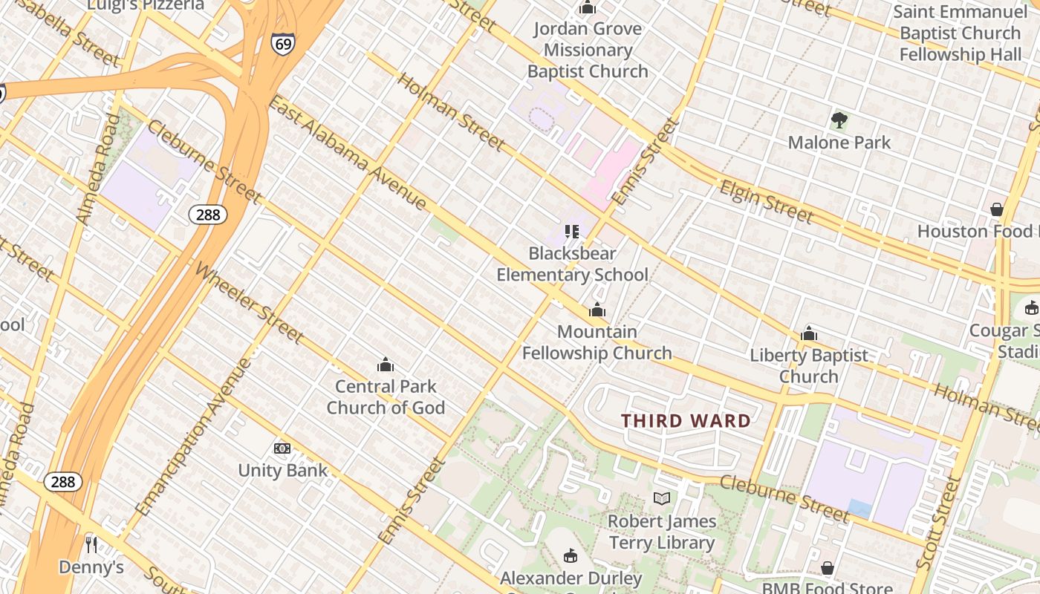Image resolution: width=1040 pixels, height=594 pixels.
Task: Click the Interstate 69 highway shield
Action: click(282, 43)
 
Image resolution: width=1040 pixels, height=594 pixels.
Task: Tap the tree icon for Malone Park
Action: click(839, 120)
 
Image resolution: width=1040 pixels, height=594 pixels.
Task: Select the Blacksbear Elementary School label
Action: click(572, 264)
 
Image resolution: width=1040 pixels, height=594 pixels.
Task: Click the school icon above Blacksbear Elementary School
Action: click(571, 232)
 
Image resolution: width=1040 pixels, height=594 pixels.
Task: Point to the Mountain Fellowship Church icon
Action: click(597, 310)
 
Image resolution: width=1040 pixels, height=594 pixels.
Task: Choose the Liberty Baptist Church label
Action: click(808, 365)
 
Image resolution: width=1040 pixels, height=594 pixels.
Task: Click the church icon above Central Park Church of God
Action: click(385, 365)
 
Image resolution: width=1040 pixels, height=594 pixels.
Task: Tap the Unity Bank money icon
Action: click(282, 448)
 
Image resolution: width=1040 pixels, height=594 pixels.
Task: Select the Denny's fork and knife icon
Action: click(91, 545)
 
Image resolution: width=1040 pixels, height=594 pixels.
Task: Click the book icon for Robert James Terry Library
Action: click(661, 498)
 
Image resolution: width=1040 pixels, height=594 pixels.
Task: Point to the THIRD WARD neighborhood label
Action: click(686, 421)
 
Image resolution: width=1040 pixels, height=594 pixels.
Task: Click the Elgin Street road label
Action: click(766, 201)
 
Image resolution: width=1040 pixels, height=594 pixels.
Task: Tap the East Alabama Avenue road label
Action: click(347, 152)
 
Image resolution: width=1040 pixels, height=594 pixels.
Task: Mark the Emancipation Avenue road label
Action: click(195, 437)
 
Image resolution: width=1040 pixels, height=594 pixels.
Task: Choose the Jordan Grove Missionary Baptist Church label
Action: click(588, 50)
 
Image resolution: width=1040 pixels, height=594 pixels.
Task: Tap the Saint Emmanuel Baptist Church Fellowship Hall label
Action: click(960, 33)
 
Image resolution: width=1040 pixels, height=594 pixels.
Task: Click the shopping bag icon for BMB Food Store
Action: click(827, 568)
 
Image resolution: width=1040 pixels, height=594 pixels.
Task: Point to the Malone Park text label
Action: click(839, 143)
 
